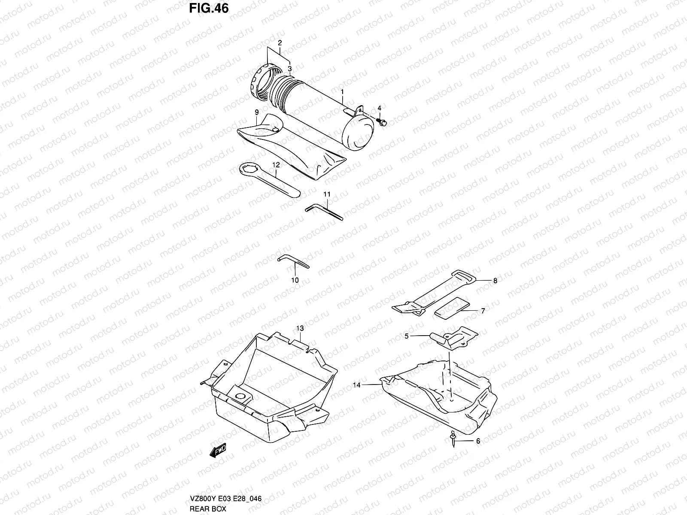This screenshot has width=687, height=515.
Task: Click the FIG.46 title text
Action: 208,8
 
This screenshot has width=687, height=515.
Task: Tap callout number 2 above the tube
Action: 280,43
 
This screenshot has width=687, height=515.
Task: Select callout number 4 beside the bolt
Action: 379,108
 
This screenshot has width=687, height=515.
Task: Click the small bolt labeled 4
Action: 381,122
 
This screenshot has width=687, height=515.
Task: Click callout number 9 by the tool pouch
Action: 256,112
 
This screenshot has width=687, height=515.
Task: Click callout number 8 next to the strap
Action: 495,281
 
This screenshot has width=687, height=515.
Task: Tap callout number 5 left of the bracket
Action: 406,336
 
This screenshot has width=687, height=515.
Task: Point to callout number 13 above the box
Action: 300,328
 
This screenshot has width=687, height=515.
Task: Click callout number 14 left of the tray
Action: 357,385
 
